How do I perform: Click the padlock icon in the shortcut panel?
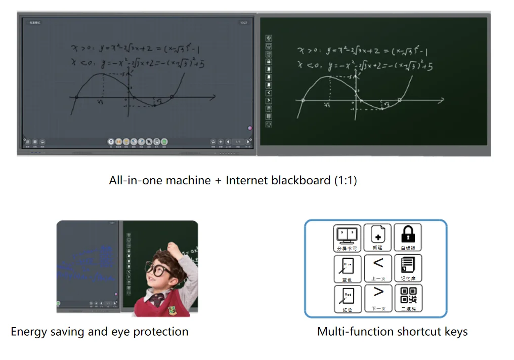click(408, 235)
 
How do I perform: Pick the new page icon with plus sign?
click(377, 235)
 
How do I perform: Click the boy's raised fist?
click(175, 249)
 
